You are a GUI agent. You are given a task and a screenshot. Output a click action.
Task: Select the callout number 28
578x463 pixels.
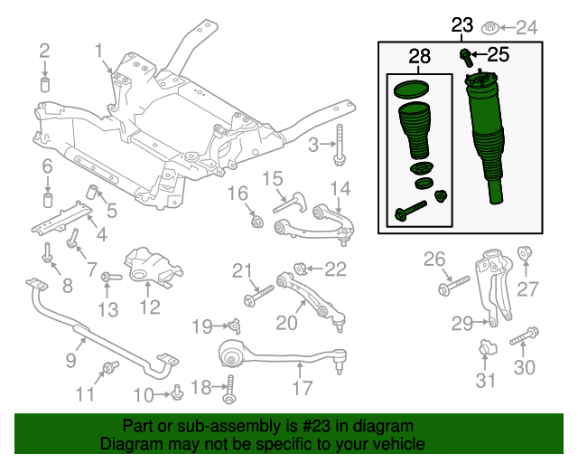click(419, 58)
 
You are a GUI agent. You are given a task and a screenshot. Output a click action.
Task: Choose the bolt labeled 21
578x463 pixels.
click(257, 294)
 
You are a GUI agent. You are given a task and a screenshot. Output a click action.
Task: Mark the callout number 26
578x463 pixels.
click(435, 260)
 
